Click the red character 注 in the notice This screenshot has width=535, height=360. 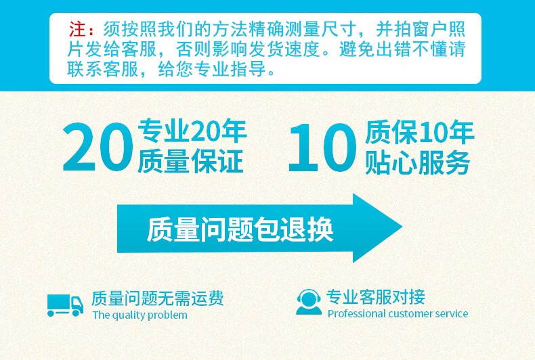[77, 28]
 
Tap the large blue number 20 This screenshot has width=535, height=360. [98, 148]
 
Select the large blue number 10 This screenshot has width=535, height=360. [323, 148]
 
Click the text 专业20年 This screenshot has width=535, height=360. [192, 131]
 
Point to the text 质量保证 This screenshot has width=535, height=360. [190, 160]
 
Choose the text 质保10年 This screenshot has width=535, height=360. [419, 132]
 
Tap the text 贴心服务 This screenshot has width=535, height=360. [418, 162]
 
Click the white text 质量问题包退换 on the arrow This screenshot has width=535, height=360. [240, 229]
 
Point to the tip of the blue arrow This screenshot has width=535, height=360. [402, 227]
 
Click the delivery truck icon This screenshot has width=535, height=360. [65, 305]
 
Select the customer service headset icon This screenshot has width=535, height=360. [308, 302]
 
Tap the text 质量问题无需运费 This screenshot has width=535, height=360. [158, 298]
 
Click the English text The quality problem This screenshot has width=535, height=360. [140, 315]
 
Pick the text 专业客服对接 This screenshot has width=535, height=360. [376, 296]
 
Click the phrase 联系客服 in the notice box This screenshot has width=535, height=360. [103, 69]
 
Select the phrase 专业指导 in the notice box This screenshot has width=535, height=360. [230, 69]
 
